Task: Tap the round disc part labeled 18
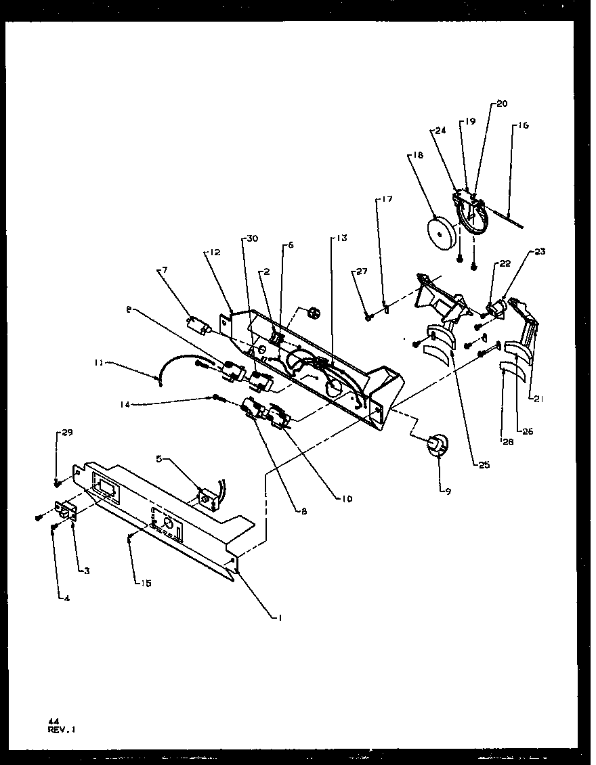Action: pyautogui.click(x=441, y=234)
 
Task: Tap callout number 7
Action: pyautogui.click(x=164, y=270)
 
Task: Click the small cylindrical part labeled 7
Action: pyautogui.click(x=198, y=326)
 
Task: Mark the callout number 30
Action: pyautogui.click(x=252, y=238)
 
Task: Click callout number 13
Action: pyautogui.click(x=341, y=238)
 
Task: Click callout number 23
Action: pyautogui.click(x=539, y=251)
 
